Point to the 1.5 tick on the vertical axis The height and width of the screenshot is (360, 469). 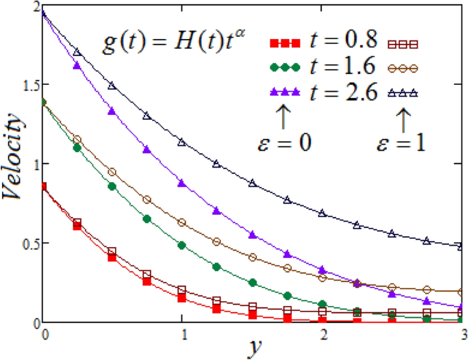click(27, 85)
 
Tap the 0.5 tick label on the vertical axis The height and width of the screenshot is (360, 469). click(27, 243)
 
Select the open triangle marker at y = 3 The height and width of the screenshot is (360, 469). click(461, 246)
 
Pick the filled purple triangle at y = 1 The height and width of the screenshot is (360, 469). click(181, 183)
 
